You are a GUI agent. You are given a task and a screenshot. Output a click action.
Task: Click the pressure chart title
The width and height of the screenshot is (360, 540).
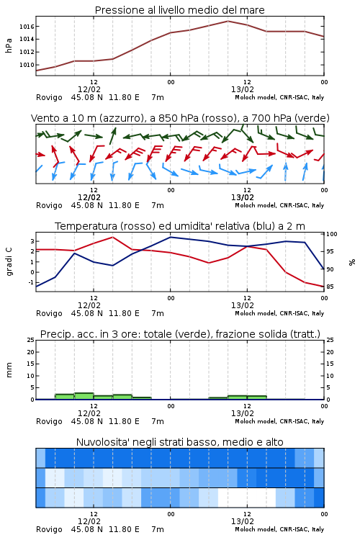coord(179,10)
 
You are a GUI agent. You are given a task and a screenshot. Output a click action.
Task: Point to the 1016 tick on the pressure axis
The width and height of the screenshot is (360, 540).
coord(27,27)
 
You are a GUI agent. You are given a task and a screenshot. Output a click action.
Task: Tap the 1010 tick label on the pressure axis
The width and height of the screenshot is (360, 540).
coord(27,65)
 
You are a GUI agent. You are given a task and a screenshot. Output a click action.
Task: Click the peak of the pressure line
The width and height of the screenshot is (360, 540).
coord(228,21)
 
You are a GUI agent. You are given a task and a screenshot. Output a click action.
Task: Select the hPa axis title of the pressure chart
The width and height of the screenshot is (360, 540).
coord(9,45)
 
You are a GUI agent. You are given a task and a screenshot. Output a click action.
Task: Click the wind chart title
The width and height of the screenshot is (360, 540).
coord(180,118)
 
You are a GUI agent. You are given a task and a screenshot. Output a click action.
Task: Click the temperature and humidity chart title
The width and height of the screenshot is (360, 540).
coord(180,226)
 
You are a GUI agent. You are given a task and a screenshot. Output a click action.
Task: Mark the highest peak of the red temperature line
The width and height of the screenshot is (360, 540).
coord(112,237)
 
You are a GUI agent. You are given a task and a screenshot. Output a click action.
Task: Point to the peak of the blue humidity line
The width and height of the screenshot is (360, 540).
coord(170,237)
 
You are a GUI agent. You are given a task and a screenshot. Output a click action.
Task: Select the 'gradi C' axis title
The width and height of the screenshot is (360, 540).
coord(9,261)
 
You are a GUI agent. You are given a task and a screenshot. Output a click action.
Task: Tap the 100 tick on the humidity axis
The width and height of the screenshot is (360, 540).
coord(332,234)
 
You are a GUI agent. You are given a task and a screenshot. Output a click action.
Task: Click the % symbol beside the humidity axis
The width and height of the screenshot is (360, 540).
coord(352,262)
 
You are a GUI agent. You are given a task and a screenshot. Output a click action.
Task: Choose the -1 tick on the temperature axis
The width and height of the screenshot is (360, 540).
coord(32,282)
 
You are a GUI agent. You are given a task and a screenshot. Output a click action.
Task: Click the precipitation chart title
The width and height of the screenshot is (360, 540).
coord(180,334)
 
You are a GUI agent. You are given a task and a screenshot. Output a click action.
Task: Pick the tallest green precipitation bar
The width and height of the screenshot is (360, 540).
coord(84,396)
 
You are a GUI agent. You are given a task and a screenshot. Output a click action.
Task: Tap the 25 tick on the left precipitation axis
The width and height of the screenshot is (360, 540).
coord(31,340)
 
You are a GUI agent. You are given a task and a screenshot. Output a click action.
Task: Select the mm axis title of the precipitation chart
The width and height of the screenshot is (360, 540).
coord(9,370)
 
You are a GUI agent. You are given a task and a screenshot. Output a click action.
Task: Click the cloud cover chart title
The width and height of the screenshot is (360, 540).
coord(179,442)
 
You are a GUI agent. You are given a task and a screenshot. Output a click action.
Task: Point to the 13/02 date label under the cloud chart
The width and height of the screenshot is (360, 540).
coord(243,521)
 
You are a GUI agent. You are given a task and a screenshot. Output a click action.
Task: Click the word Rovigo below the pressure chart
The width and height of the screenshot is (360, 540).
coord(49,97)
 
